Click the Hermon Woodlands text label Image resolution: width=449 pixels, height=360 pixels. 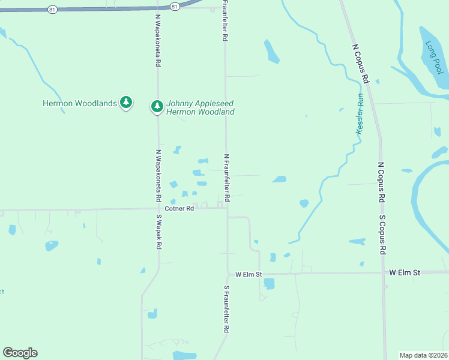click(x=79, y=103)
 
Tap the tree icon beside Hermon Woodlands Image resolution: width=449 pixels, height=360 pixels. click(x=126, y=103)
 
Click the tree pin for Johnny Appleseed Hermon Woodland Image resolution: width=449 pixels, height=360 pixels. click(x=157, y=106)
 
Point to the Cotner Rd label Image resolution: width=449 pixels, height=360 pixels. click(x=179, y=209)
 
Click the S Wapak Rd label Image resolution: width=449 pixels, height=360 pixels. click(x=159, y=232)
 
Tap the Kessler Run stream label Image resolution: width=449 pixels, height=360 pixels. click(x=360, y=113)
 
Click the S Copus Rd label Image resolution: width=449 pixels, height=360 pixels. click(x=382, y=234)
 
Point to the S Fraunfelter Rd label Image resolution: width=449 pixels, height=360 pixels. click(x=228, y=309)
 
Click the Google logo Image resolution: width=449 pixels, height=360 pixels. click(x=20, y=353)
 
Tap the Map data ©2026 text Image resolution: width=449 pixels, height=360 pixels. click(x=424, y=355)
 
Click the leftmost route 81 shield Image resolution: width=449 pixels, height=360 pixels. click(x=53, y=9)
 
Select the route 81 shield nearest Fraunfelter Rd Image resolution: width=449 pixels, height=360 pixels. click(x=174, y=6)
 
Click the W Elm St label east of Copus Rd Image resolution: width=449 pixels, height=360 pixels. click(x=406, y=272)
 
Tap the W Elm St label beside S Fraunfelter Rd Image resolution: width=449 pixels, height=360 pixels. click(x=249, y=274)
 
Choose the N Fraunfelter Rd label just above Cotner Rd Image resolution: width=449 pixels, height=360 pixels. click(x=227, y=177)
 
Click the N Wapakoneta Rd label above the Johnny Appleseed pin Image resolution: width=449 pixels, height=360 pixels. click(x=158, y=41)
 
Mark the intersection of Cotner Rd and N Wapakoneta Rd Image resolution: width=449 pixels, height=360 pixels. click(x=158, y=210)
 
